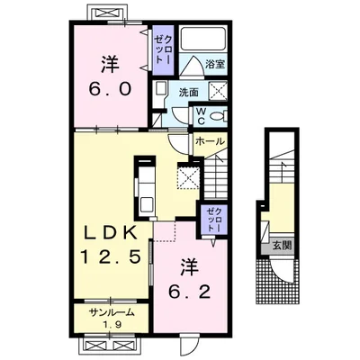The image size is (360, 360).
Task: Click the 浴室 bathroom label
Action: click(215, 64)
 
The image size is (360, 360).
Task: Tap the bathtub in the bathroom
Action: click(203, 39)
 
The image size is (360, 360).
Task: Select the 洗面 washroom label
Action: click(189, 93)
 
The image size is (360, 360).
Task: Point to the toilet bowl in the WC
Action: click(218, 115)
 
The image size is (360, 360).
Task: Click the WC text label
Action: click(201, 116)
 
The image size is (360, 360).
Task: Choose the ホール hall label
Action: click(210, 141)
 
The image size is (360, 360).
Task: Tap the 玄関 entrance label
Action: click(282, 246)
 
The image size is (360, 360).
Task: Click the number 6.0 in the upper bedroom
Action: click(110, 89)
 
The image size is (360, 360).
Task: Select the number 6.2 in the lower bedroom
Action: click(189, 292)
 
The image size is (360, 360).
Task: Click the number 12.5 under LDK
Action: click(110, 256)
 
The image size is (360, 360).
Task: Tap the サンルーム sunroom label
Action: click(112, 313)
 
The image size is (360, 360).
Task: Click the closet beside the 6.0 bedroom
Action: click(163, 49)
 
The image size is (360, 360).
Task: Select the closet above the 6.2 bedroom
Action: click(213, 220)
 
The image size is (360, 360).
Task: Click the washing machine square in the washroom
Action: click(217, 90)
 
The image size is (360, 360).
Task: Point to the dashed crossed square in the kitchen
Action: click(188, 178)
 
